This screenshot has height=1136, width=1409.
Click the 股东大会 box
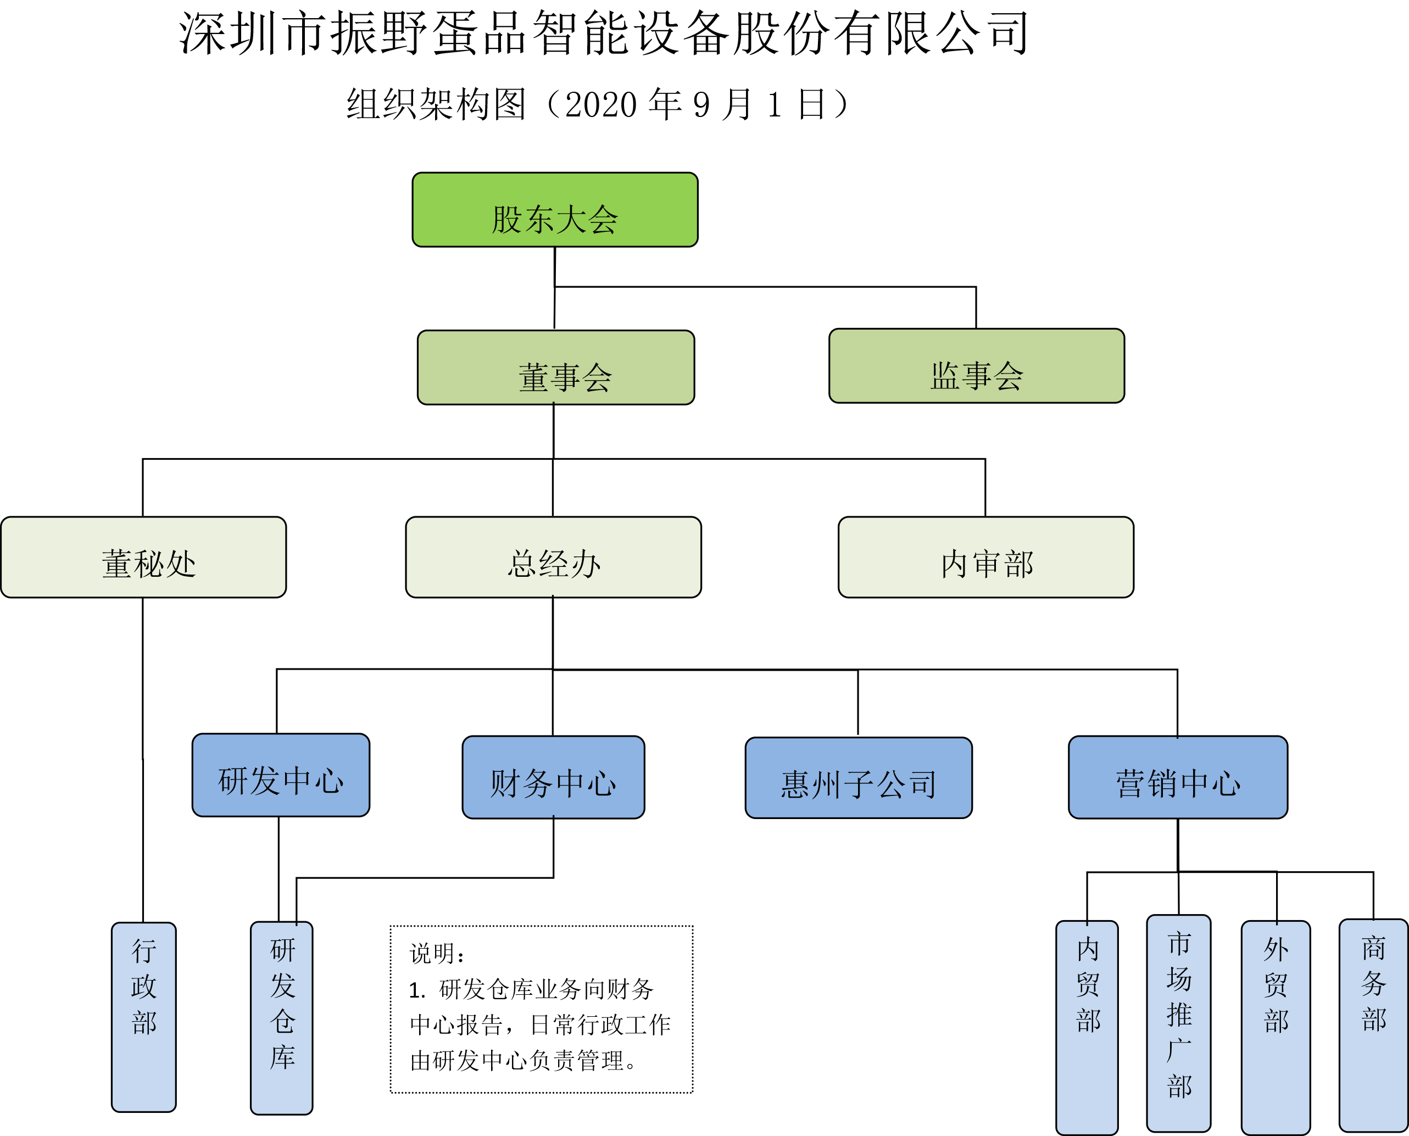tap(555, 210)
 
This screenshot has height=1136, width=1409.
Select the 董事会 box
tap(555, 367)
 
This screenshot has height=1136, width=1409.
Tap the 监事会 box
tap(977, 366)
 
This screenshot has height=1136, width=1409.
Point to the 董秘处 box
tap(143, 558)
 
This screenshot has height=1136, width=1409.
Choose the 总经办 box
tap(553, 558)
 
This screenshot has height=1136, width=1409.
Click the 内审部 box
tap(985, 558)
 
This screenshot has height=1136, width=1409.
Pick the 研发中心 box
tap(281, 776)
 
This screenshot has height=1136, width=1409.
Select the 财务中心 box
tap(553, 777)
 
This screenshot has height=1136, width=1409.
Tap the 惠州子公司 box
tap(858, 778)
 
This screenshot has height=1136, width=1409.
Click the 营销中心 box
tap(1178, 777)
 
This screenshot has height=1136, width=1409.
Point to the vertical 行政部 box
tap(143, 1017)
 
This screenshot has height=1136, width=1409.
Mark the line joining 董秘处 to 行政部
tap(143, 759)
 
